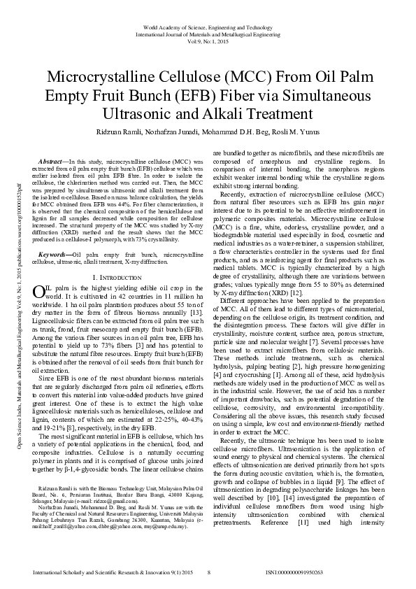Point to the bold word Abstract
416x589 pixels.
click(x=52, y=161)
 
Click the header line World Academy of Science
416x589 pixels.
click(x=208, y=26)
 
